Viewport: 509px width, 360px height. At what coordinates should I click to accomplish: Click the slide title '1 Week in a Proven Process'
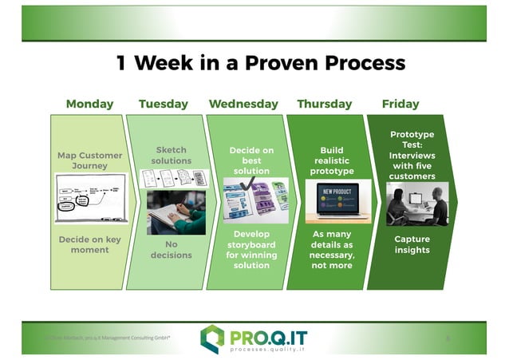pyautogui.click(x=261, y=63)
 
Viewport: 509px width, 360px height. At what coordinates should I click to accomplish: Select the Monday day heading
pyautogui.click(x=89, y=104)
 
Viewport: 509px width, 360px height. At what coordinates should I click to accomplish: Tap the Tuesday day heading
pyautogui.click(x=163, y=104)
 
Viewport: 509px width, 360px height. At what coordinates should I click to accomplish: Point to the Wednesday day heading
pyautogui.click(x=243, y=104)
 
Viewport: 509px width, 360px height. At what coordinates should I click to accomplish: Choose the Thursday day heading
pyautogui.click(x=324, y=104)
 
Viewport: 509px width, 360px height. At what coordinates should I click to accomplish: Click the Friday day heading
pyautogui.click(x=400, y=104)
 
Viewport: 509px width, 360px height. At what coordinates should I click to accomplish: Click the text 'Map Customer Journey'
pyautogui.click(x=89, y=160)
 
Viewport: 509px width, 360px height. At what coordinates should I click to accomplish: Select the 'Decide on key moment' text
pyautogui.click(x=89, y=244)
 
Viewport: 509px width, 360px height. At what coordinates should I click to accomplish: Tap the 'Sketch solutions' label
pyautogui.click(x=171, y=155)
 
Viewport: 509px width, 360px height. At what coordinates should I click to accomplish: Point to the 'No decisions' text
pyautogui.click(x=171, y=250)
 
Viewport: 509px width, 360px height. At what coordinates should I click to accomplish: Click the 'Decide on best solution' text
pyautogui.click(x=251, y=160)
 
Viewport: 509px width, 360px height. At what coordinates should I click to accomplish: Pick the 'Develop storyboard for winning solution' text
pyautogui.click(x=251, y=249)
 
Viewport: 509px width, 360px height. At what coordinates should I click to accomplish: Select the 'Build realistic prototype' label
pyautogui.click(x=331, y=160)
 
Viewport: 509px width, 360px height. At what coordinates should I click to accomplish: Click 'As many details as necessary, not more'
pyautogui.click(x=331, y=249)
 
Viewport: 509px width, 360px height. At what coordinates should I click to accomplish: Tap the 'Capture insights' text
pyautogui.click(x=412, y=244)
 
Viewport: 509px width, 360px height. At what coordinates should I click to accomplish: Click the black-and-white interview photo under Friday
pyautogui.click(x=416, y=204)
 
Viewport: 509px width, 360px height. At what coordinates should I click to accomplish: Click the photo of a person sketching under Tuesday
pyautogui.click(x=176, y=212)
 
